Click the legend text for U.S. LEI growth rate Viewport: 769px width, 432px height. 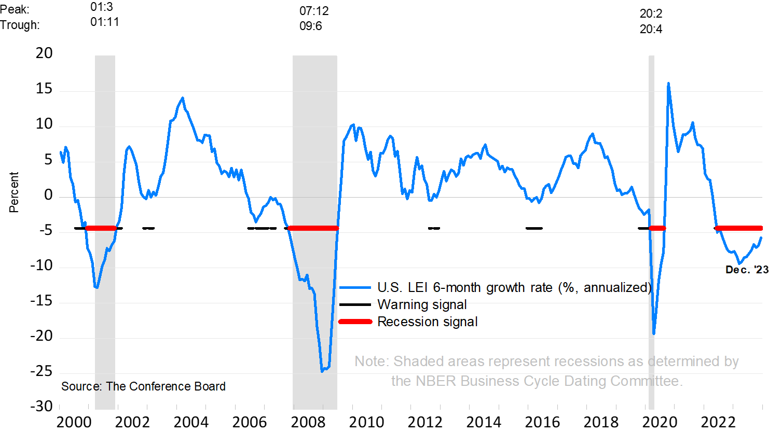[514, 287]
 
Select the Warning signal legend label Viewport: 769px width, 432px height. [422, 304]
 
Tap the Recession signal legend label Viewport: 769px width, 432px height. [427, 322]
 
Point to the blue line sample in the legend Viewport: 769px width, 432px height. [355, 287]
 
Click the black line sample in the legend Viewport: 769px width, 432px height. [355, 304]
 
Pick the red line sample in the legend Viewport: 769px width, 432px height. [355, 322]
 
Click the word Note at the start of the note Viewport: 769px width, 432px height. [370, 361]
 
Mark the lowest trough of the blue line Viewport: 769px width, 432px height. [322, 371]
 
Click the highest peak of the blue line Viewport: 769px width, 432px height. [668, 83]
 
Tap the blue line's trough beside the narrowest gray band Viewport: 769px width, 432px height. [654, 333]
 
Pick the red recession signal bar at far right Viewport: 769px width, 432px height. [739, 228]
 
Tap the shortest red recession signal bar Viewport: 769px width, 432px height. [657, 228]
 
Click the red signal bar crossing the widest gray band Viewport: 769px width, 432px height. [313, 228]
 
